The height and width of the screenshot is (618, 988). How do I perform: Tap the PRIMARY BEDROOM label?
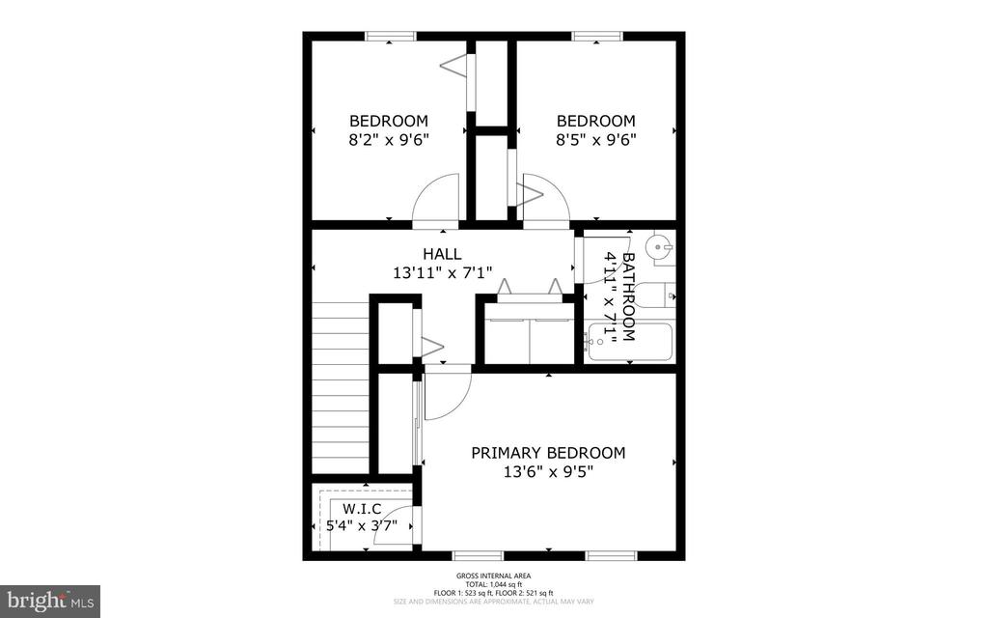547,452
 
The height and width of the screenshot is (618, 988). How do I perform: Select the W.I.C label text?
362,509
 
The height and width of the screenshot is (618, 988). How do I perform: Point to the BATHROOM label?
628,297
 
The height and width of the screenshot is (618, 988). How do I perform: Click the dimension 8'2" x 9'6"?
388,139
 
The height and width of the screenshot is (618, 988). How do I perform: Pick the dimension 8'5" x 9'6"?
595,139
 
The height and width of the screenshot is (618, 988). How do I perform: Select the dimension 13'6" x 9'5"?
547,472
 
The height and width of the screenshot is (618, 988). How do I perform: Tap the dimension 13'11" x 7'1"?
442,272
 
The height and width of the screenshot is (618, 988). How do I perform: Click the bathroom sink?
660,247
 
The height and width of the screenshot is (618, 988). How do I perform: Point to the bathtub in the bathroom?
631,344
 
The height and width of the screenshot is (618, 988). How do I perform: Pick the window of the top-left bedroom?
390,37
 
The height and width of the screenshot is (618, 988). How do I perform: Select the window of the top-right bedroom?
597,37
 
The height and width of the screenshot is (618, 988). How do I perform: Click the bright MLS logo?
50,601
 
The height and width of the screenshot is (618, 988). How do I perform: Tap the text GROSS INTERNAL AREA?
493,576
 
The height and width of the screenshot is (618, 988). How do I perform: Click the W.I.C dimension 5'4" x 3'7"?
362,526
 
